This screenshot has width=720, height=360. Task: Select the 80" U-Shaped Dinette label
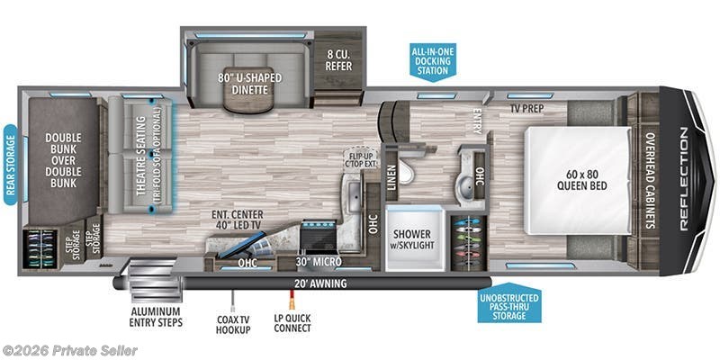click(x=248, y=83)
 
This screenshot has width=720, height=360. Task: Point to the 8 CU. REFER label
click(x=340, y=58)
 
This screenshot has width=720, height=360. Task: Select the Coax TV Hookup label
click(x=235, y=322)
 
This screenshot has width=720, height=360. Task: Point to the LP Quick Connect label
click(x=292, y=322)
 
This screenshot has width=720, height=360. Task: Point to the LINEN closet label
click(x=391, y=175)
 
